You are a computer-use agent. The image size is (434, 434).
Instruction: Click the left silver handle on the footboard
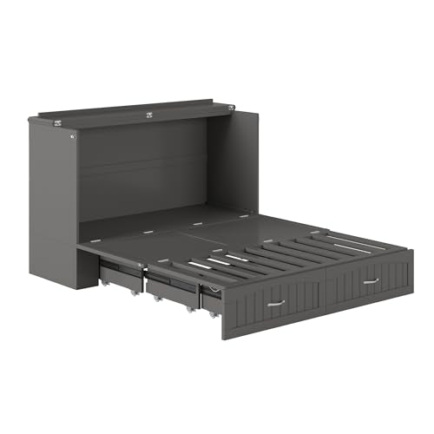[277, 303]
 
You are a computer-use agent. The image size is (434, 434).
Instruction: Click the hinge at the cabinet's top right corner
[231, 106]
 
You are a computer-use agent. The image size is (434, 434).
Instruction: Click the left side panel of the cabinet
[52, 200]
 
